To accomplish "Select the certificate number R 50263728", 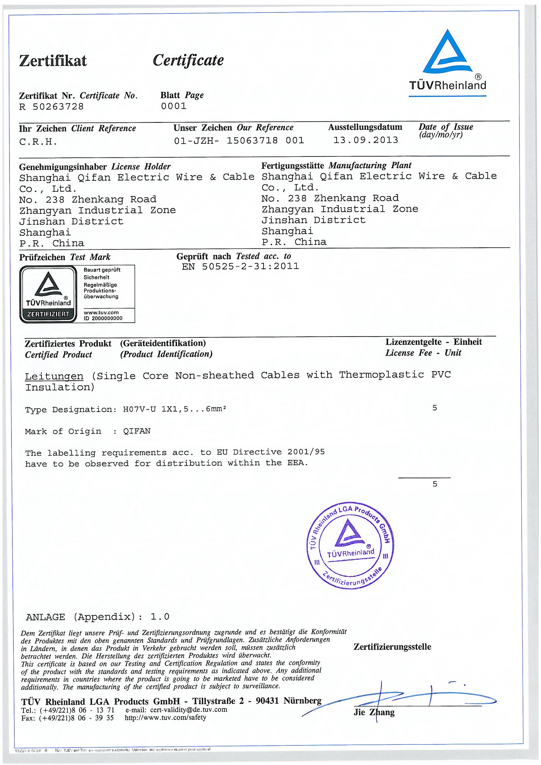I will pyautogui.click(x=51, y=107).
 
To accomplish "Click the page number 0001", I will pyautogui.click(x=173, y=106).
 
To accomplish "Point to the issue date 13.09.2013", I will pyautogui.click(x=366, y=140).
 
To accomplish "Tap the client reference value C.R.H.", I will pyautogui.click(x=38, y=142).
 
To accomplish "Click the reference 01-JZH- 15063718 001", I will pyautogui.click(x=239, y=141).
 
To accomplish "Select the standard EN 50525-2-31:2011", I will pyautogui.click(x=240, y=267).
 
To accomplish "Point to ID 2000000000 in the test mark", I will pyautogui.click(x=103, y=318).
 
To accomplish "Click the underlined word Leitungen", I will pyautogui.click(x=54, y=376).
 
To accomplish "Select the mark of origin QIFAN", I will pyautogui.click(x=137, y=431).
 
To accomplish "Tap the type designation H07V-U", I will pyautogui.click(x=139, y=409).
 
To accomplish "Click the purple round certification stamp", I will pyautogui.click(x=350, y=545).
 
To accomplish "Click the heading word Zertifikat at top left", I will pyautogui.click(x=53, y=61).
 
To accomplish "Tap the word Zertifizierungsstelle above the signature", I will pyautogui.click(x=392, y=647).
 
